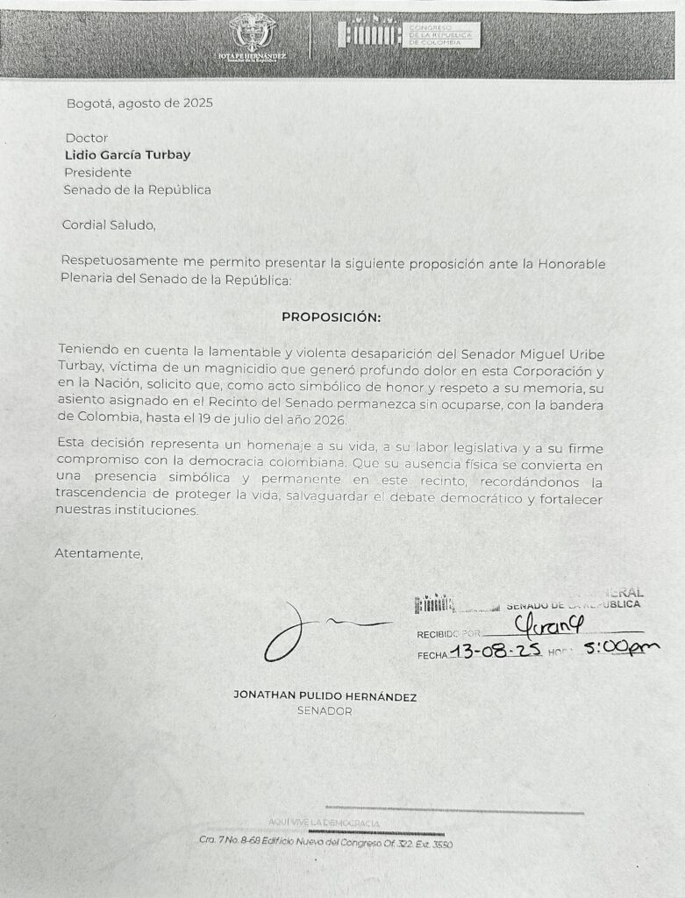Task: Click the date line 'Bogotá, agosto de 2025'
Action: pos(139,103)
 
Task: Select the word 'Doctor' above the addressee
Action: pos(87,138)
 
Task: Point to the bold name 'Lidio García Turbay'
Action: pos(127,155)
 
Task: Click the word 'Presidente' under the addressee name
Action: pos(97,172)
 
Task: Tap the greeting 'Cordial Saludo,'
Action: pos(109,224)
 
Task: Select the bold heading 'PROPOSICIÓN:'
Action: pos(332,317)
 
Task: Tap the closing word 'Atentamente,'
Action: pos(98,553)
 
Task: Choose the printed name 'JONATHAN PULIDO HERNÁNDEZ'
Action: pos(325,696)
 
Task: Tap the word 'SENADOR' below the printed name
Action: pos(325,711)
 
